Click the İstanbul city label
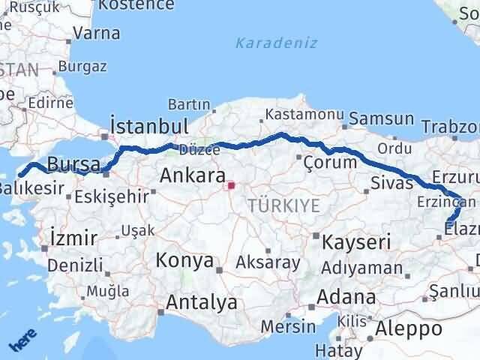[x=148, y=125]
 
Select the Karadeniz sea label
[x=277, y=43]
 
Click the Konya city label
[x=184, y=261]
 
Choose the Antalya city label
[x=202, y=303]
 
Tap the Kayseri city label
[x=357, y=241]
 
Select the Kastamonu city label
[x=295, y=115]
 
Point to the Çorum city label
[x=331, y=162]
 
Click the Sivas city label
[x=391, y=182]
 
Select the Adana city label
[x=346, y=297]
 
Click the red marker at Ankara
[x=232, y=184]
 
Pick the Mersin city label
[x=289, y=326]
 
